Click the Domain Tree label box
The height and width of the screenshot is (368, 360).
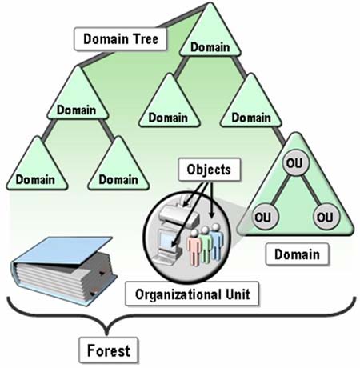click(121, 39)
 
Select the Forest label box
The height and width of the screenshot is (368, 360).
click(109, 350)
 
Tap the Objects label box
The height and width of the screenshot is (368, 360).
click(210, 170)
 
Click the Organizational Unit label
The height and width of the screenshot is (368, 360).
click(192, 294)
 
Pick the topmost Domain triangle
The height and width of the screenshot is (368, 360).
click(210, 34)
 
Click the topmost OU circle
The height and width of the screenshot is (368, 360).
click(294, 162)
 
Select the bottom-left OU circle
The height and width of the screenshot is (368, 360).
click(264, 217)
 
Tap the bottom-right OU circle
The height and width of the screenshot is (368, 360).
click(326, 217)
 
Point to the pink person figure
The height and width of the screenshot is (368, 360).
click(194, 247)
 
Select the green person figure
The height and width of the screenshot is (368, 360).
click(206, 244)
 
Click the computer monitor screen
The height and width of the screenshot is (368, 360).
click(167, 239)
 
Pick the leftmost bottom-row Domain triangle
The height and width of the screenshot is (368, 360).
click(37, 166)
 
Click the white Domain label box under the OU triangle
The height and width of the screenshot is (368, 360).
click(298, 254)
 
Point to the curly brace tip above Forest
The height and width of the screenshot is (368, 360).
click(107, 334)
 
